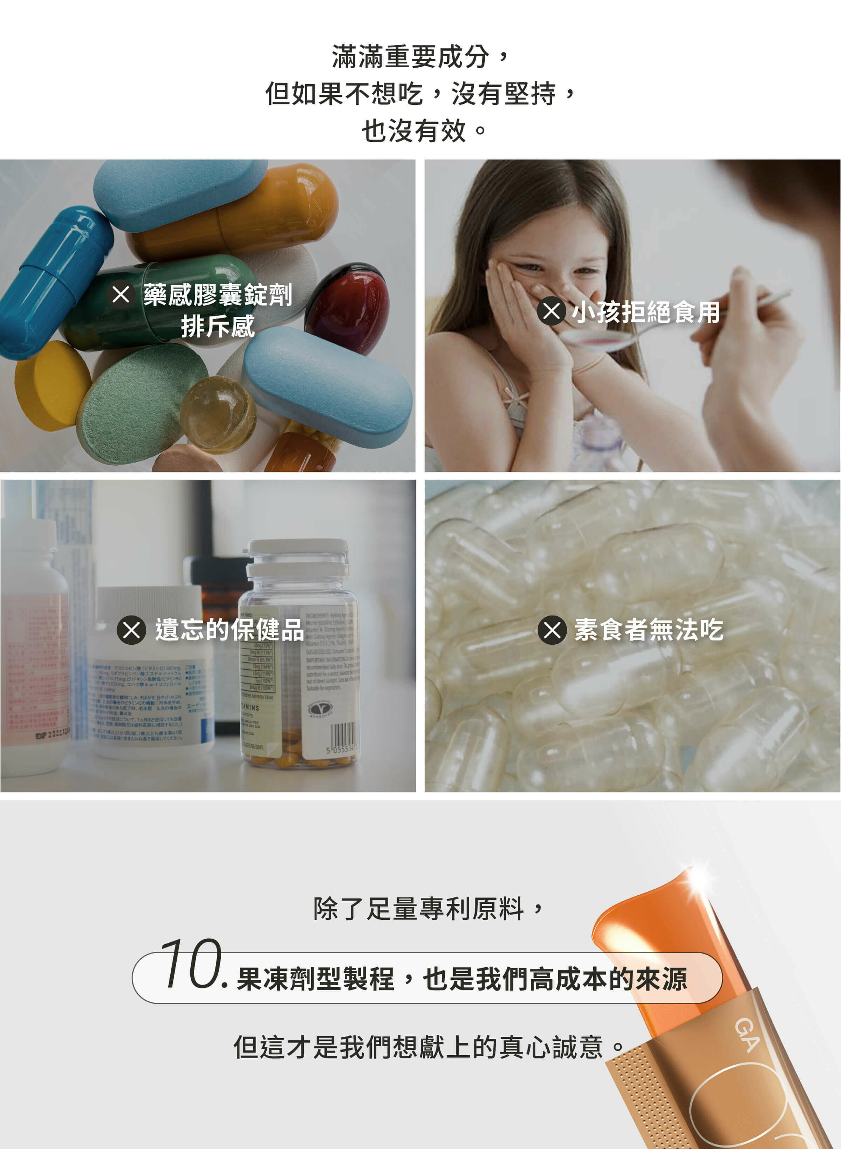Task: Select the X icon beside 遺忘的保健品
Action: point(131,630)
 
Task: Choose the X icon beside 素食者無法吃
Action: point(552,630)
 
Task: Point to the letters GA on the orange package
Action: point(746,1035)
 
